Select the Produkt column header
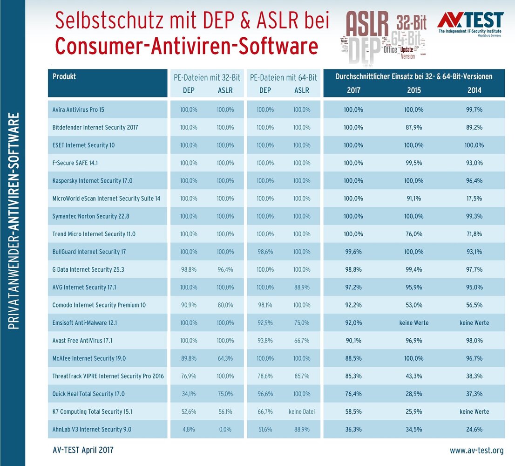click(64, 76)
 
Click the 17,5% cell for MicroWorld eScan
click(474, 199)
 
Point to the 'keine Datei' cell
click(302, 411)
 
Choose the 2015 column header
click(414, 90)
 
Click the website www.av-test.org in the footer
click(476, 451)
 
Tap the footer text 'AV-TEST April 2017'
click(83, 450)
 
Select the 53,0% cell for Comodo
click(414, 305)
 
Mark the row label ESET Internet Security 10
click(84, 145)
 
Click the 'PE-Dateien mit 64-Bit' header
click(284, 77)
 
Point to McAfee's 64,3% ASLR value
click(225, 358)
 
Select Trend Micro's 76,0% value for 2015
click(414, 234)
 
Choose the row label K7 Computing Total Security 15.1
click(93, 411)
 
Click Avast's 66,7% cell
click(302, 341)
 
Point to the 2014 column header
click(474, 90)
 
